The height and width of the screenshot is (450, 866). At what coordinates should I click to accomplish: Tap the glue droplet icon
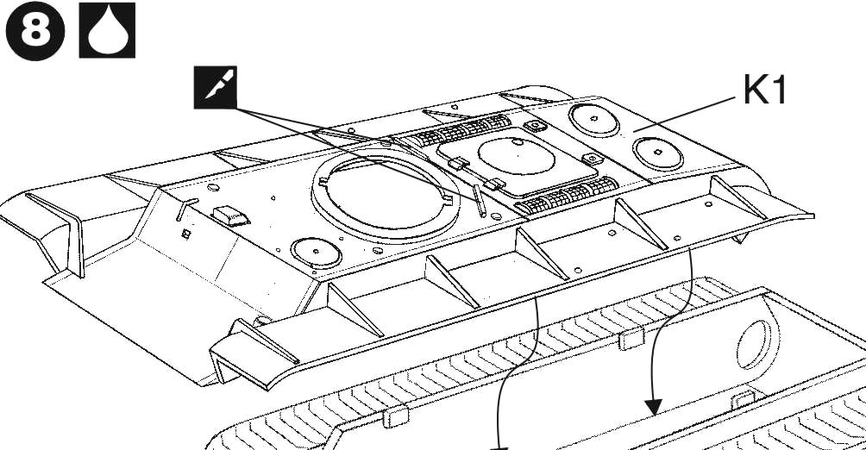[x=108, y=34]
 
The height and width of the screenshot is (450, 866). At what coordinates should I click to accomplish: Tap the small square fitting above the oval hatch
[x=535, y=126]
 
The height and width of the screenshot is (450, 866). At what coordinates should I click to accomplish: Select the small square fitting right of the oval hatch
[x=592, y=159]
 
